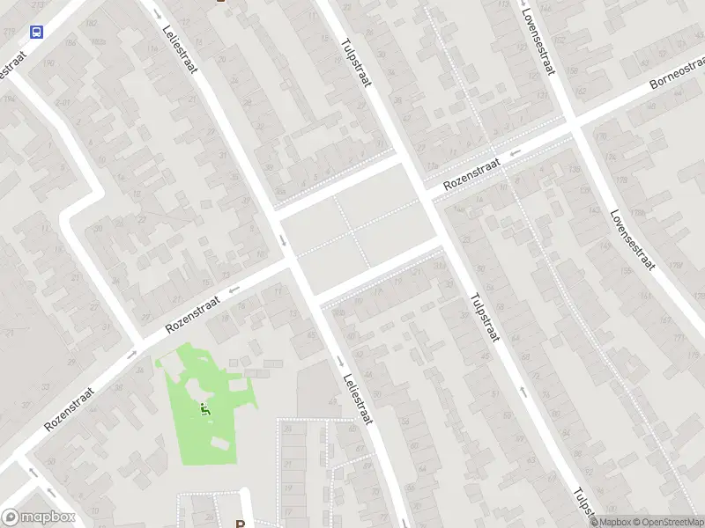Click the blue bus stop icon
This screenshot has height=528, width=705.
pos(36,33)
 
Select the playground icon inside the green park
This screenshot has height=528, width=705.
pos(205,408)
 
